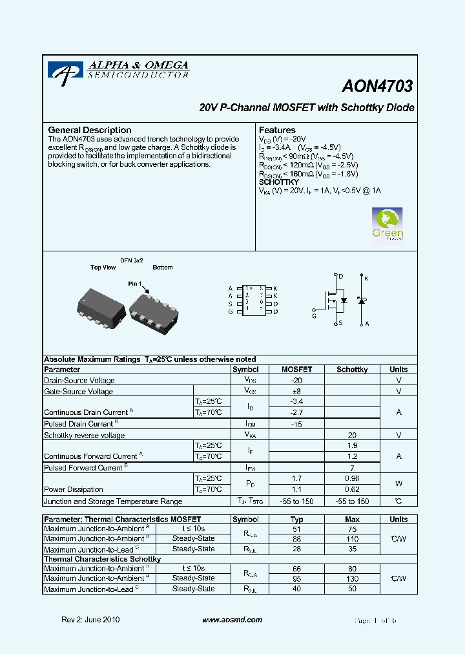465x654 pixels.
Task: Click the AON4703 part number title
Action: pyautogui.click(x=378, y=86)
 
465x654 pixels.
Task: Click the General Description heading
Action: pyautogui.click(x=90, y=130)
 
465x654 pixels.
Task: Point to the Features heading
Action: pyautogui.click(x=277, y=130)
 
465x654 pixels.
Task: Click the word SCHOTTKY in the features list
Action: pyautogui.click(x=279, y=182)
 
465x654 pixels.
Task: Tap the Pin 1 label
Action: pyautogui.click(x=134, y=284)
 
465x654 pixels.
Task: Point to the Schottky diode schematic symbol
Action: pyautogui.click(x=362, y=301)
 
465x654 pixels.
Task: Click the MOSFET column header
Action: pyautogui.click(x=296, y=370)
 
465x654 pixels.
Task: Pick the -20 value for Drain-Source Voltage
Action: pyautogui.click(x=296, y=381)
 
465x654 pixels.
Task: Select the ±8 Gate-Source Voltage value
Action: pyautogui.click(x=296, y=391)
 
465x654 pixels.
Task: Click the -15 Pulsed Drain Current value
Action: pyautogui.click(x=296, y=424)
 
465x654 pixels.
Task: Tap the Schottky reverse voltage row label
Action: pyautogui.click(x=85, y=436)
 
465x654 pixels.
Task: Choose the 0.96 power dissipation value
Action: pyautogui.click(x=352, y=478)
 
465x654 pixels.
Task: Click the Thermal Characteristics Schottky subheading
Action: pyautogui.click(x=102, y=559)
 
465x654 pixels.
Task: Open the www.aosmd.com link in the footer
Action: pyautogui.click(x=232, y=620)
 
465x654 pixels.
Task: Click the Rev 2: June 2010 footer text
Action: pyautogui.click(x=90, y=620)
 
